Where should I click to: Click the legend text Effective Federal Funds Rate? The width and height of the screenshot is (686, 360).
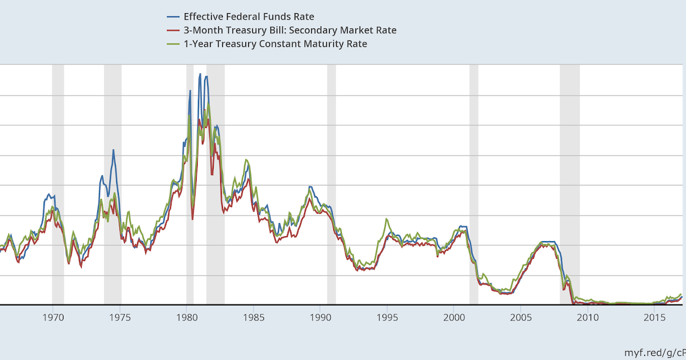click(249, 17)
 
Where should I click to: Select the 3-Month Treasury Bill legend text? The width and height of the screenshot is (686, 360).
click(290, 30)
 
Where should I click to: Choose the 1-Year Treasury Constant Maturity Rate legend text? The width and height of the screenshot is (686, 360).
click(275, 44)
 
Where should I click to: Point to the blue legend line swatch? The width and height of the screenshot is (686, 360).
click(173, 17)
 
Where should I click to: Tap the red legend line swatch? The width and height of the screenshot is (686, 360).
click(173, 30)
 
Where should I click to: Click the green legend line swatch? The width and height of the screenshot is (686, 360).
click(173, 44)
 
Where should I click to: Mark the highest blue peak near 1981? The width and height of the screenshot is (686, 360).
click(200, 74)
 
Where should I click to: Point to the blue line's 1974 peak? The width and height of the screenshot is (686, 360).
click(113, 150)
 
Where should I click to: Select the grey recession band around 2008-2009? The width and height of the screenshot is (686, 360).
click(569, 183)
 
